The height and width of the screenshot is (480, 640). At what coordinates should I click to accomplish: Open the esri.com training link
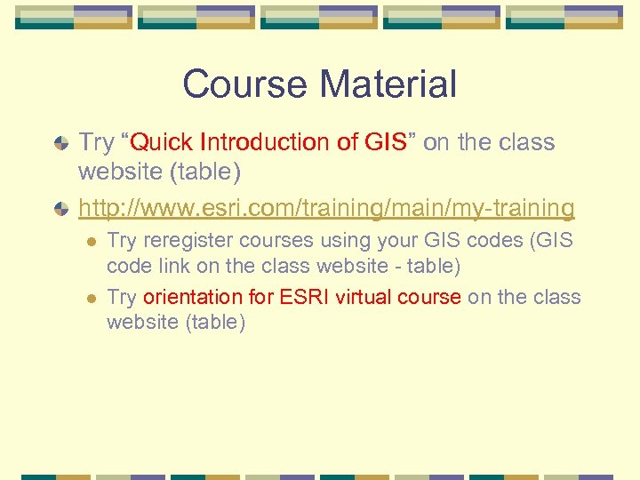coord(326,208)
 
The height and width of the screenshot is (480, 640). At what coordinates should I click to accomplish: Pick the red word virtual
coord(364,297)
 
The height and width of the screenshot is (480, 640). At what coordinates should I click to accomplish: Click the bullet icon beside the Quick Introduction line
coord(59,143)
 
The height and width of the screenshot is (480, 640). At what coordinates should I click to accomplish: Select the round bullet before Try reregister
coord(89,242)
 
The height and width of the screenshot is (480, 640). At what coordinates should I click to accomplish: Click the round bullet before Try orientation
coord(89,298)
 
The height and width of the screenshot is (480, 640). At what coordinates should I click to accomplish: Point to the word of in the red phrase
coord(348,142)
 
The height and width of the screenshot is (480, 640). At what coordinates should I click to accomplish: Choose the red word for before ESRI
coord(261,297)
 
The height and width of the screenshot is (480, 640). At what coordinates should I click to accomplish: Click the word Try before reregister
coord(122,241)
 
